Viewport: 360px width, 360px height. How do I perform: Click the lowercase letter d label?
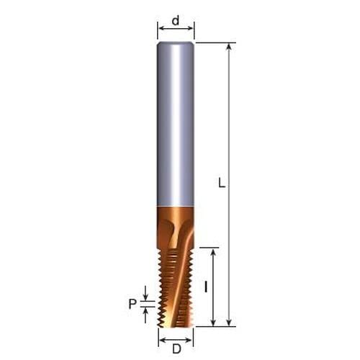pyautogui.click(x=176, y=21)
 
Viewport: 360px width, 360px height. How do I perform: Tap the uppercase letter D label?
pyautogui.click(x=176, y=348)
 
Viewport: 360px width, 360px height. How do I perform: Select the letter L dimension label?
pyautogui.click(x=222, y=183)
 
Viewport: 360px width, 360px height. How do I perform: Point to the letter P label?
pyautogui.click(x=132, y=304)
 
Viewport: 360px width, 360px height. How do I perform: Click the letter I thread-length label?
pyautogui.click(x=206, y=287)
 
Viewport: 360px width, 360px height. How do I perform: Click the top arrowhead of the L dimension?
pyautogui.click(x=229, y=46)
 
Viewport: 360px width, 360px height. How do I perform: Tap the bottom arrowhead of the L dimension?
pyautogui.click(x=229, y=323)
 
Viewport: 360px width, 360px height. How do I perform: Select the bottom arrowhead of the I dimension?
pyautogui.click(x=213, y=323)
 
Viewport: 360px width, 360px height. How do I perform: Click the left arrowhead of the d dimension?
pyautogui.click(x=162, y=29)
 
